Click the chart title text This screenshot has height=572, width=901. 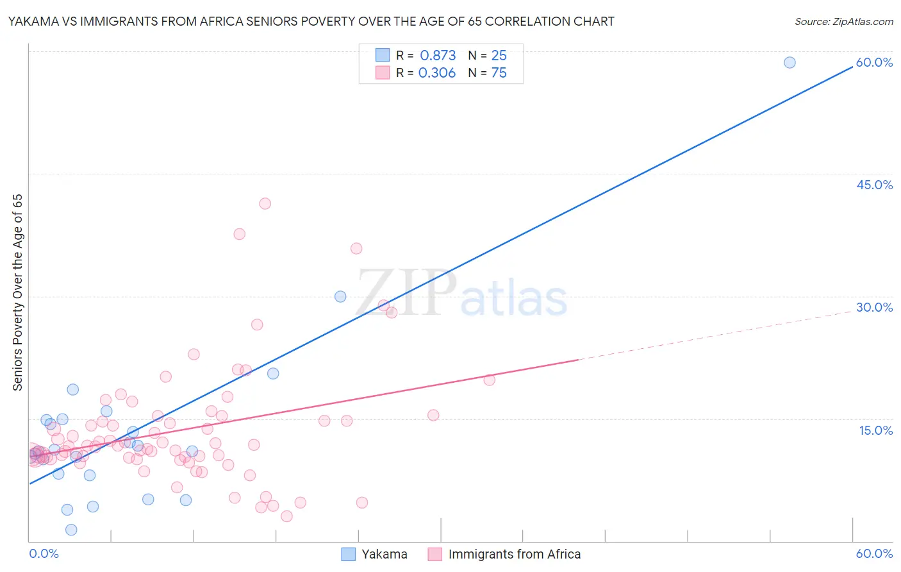coord(311,21)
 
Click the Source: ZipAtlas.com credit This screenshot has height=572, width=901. coord(843,21)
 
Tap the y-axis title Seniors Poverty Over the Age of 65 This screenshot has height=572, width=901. coord(17,292)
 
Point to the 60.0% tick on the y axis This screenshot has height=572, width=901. coord(874,62)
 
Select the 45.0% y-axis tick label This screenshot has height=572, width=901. coord(874,185)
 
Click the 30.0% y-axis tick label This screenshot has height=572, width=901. coord(874,307)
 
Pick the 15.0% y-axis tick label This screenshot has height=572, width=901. coord(875,430)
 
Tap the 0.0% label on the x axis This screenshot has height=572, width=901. coord(44,553)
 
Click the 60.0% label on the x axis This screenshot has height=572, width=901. coord(874,553)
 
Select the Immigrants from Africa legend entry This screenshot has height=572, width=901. coord(505,554)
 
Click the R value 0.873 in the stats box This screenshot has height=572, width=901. coord(438,55)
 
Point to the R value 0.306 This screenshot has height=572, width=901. coord(437,72)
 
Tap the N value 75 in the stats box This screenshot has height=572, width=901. coord(499,72)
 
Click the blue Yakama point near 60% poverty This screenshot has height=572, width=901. coord(789,62)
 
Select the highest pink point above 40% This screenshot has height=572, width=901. coord(265,203)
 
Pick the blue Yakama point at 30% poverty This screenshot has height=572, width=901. coord(340,296)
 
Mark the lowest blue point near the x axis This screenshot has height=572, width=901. coord(71,530)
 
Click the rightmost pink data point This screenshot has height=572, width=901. coord(489,380)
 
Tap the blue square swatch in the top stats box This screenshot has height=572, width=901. coord(383,55)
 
